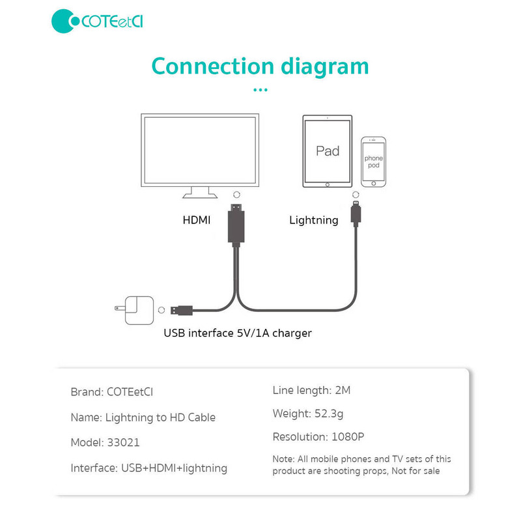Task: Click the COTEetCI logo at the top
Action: pos(97,21)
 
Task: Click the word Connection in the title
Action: pos(213,66)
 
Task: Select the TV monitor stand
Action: pos(200,192)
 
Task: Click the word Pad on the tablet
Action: pos(328,151)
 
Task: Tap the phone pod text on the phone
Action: pos(373,162)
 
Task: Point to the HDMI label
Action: pos(197,220)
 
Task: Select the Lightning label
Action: pos(314,220)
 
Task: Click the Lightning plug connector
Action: pos(356,214)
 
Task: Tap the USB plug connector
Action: pos(182,311)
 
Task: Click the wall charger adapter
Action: pos(135,310)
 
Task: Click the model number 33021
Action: pos(123,443)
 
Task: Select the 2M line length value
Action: pos(343,390)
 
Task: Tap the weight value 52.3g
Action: pos(329,414)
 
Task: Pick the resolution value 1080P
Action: pos(348,436)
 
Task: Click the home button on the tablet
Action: pos(328,185)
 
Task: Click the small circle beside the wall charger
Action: pos(162,310)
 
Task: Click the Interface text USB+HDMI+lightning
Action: pos(174,468)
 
